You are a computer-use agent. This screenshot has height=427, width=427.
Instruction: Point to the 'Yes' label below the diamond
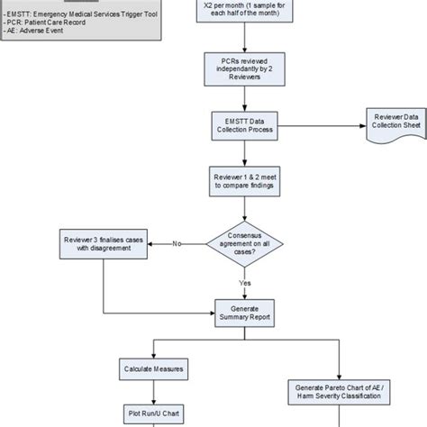coord(243,282)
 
